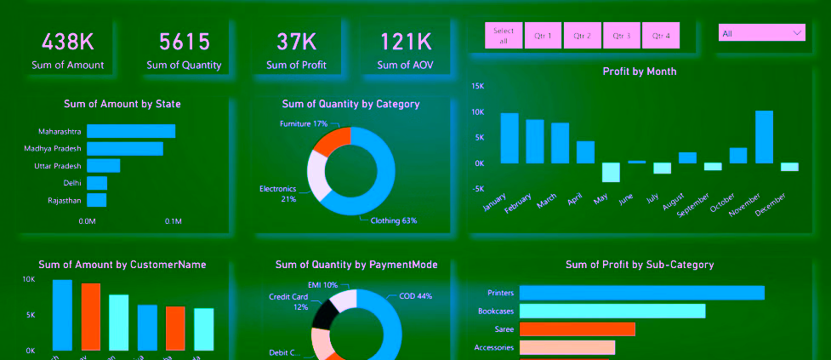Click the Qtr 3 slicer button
click(x=622, y=36)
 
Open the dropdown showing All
click(x=762, y=33)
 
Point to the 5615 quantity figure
click(x=184, y=42)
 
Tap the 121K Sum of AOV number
click(x=406, y=42)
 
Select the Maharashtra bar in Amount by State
click(x=131, y=131)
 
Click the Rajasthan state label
click(x=60, y=200)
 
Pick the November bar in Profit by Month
click(x=764, y=136)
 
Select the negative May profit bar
click(x=611, y=172)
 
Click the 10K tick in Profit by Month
click(x=478, y=112)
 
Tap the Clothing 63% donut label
click(x=394, y=221)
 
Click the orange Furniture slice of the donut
click(x=332, y=140)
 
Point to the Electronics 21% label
click(x=277, y=193)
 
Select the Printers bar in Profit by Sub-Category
click(x=641, y=293)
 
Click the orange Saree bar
click(x=578, y=329)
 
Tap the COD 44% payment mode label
click(x=416, y=296)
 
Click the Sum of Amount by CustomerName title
click(x=122, y=265)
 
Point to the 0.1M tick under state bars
click(x=173, y=221)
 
